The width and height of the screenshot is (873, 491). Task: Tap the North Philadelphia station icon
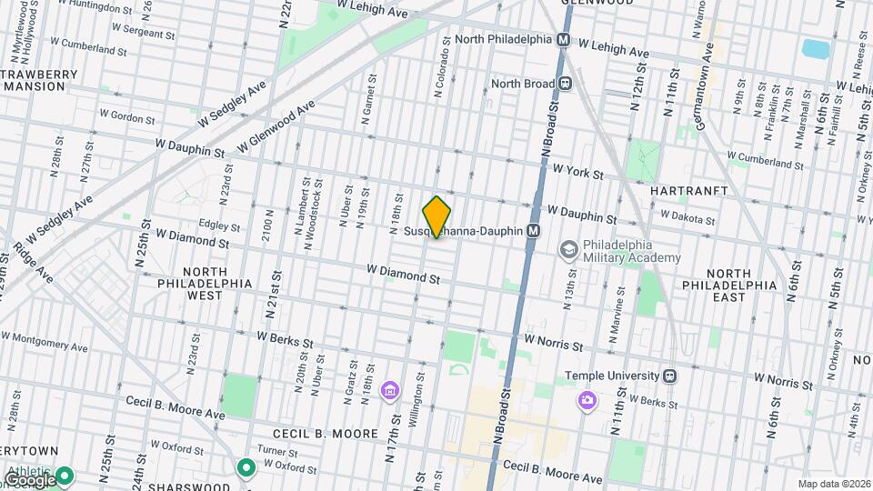point(564,40)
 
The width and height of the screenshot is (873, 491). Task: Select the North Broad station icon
point(566,84)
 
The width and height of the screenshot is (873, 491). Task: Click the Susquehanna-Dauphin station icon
point(534,232)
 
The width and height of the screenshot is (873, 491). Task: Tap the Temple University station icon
point(669,375)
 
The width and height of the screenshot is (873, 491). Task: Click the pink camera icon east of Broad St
point(587,399)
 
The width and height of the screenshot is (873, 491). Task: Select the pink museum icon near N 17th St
point(390,391)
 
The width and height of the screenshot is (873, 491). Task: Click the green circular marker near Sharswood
point(245,468)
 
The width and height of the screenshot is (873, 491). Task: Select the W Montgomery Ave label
point(44,341)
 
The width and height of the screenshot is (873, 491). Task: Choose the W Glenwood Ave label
point(276,126)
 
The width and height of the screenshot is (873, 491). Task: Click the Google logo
point(29,478)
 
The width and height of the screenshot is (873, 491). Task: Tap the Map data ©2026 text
point(833,484)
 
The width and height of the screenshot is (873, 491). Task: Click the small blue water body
point(815,48)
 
